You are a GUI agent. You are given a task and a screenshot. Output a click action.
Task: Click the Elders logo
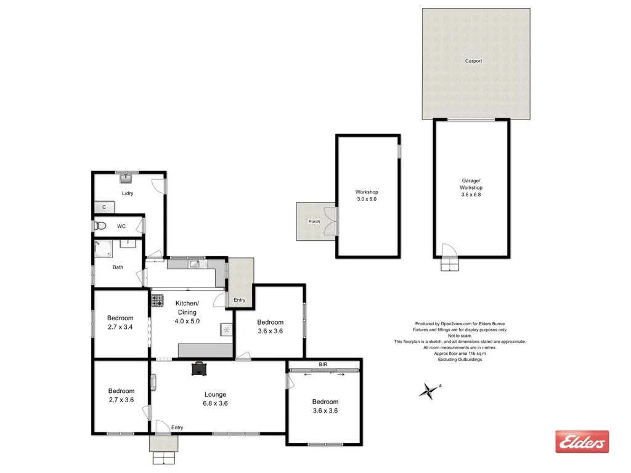(582, 442)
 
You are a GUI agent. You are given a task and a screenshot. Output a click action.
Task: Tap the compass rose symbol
(426, 390)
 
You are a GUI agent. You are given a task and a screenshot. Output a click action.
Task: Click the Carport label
(473, 61)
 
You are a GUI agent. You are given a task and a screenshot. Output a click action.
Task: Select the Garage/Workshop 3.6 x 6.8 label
(471, 187)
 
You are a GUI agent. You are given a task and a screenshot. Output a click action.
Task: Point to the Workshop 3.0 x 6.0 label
(367, 195)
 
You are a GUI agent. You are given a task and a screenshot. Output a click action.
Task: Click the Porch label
(314, 221)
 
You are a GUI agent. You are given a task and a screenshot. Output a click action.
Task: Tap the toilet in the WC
(100, 226)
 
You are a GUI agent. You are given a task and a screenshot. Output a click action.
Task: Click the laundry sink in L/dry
(126, 179)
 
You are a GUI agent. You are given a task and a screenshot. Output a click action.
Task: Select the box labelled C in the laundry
(104, 208)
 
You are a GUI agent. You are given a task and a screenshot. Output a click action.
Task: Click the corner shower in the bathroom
(102, 248)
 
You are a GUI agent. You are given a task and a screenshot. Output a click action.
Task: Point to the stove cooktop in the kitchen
(158, 301)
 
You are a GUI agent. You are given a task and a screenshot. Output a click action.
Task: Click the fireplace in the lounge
(200, 368)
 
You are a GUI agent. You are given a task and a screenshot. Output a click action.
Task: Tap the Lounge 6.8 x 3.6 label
(216, 399)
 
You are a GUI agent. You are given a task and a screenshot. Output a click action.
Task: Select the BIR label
(323, 365)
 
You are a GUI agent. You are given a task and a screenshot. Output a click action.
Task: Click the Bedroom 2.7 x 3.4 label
(121, 323)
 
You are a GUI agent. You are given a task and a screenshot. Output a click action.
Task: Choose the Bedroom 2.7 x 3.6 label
(121, 395)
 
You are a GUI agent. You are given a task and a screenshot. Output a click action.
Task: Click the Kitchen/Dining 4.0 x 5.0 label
(187, 312)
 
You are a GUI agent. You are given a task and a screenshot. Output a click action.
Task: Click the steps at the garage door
(450, 265)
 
